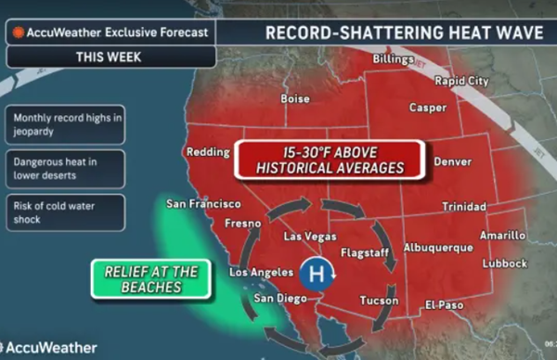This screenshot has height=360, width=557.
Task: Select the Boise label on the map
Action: (x=295, y=98)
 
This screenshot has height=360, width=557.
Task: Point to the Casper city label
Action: (x=427, y=108)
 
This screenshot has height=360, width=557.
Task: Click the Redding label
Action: (x=207, y=152)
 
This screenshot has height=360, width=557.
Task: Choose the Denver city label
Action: (x=452, y=161)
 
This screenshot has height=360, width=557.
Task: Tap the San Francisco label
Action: (x=203, y=203)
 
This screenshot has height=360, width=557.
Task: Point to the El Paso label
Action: (x=444, y=303)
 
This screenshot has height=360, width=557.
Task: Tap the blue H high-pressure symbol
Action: (x=315, y=275)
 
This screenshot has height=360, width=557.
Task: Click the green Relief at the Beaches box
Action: (x=150, y=279)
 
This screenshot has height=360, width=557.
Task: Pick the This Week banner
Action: (x=109, y=57)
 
